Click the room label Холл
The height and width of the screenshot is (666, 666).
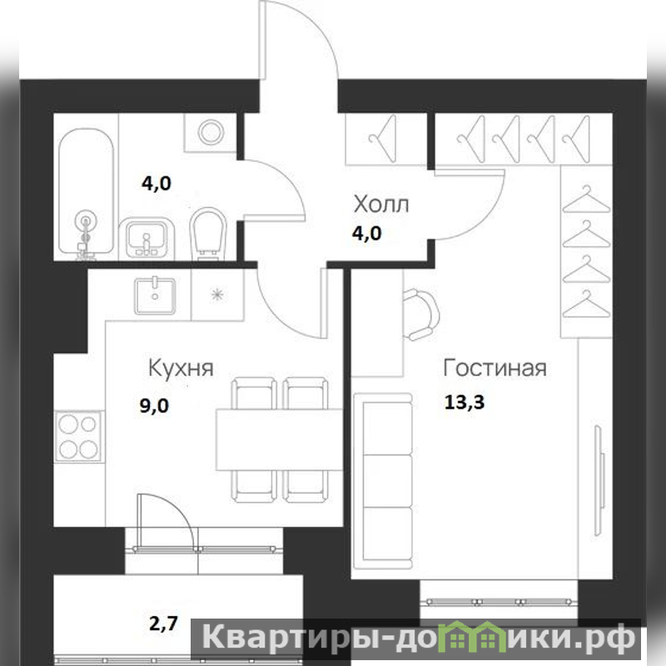[x=381, y=204]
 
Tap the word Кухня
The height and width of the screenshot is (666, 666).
[x=181, y=369]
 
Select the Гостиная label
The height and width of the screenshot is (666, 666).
[x=495, y=368]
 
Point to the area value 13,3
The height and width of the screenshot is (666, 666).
[x=465, y=402]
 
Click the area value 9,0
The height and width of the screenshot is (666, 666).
[x=154, y=406]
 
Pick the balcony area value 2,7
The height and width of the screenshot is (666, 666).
[x=163, y=624]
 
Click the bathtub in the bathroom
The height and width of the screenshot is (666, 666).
[x=87, y=192]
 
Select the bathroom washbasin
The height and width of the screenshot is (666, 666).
[x=147, y=238]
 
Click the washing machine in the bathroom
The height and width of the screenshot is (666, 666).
[x=211, y=132]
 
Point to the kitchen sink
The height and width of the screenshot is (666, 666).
[x=155, y=296]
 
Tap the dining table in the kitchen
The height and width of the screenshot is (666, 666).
[x=279, y=440]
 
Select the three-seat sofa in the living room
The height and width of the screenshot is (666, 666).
[x=383, y=482]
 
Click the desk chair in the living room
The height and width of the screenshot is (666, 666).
[x=420, y=314]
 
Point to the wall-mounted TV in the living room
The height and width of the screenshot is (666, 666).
[x=599, y=481]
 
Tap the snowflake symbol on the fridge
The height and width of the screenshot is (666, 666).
[x=217, y=295]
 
